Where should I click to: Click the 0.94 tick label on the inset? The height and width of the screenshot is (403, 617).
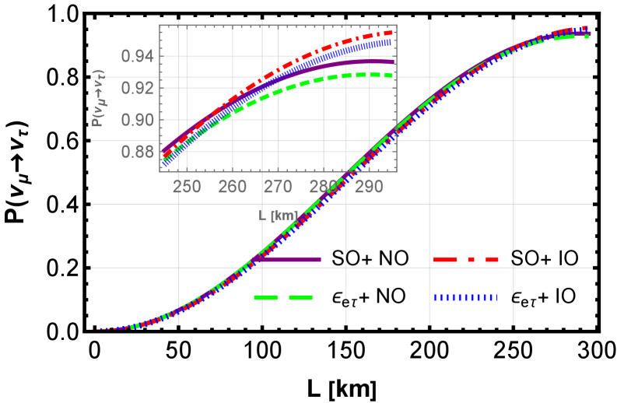click(x=137, y=56)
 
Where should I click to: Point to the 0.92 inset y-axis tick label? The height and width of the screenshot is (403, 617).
click(x=137, y=88)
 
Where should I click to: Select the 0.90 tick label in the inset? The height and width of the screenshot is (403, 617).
click(x=137, y=120)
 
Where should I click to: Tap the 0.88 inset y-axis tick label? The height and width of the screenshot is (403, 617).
click(x=137, y=152)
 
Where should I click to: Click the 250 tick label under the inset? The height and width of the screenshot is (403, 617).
click(x=187, y=187)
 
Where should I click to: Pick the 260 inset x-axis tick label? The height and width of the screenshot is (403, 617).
click(x=233, y=187)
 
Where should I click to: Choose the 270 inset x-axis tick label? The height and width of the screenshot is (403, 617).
click(x=278, y=187)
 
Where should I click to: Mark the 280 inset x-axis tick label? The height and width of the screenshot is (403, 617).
click(x=324, y=187)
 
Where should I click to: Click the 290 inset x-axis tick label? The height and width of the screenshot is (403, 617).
click(x=369, y=187)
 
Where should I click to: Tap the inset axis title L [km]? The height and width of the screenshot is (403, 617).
click(x=279, y=216)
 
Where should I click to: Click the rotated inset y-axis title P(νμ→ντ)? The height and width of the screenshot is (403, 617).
click(x=99, y=99)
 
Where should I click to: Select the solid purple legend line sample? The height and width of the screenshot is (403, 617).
click(x=286, y=259)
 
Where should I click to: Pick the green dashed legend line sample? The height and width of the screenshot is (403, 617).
click(x=283, y=297)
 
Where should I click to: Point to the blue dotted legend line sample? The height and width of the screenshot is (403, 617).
click(x=465, y=297)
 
